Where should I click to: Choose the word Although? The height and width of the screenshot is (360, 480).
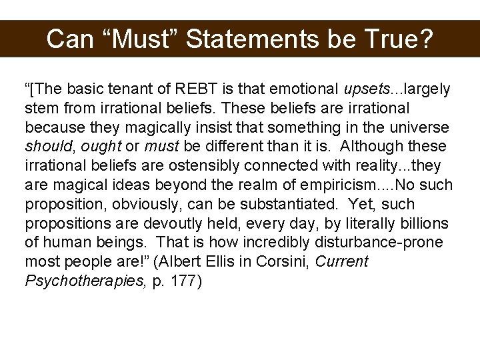tap(375, 146)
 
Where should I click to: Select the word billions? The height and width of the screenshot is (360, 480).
tap(425, 223)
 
